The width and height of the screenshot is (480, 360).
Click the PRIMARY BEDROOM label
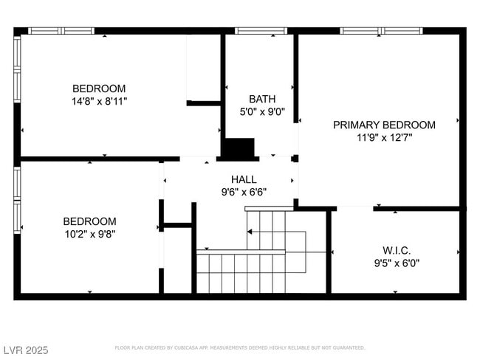coord(384,125)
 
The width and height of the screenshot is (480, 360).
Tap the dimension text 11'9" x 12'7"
coord(384,137)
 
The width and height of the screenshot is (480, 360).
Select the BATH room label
coord(261,99)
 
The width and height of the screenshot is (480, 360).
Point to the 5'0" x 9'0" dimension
coord(261,112)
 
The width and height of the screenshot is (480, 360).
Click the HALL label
coord(244,179)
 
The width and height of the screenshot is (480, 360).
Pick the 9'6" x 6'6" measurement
coord(244,192)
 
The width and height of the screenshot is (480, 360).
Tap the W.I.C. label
coord(397,250)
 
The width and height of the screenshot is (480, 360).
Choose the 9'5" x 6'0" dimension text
coord(397,263)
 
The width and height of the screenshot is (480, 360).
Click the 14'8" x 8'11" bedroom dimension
coord(99,102)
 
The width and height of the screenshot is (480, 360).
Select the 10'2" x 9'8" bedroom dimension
coord(89,234)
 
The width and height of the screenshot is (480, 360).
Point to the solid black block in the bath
coord(239,148)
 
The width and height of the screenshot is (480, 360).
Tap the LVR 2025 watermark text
coord(24,349)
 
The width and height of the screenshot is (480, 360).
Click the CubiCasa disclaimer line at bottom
coord(239,347)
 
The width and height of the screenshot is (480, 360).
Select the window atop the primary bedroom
coord(380,31)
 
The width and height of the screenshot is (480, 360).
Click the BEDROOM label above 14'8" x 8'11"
coord(99,89)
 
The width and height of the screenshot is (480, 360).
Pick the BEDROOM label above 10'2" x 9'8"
coord(89,221)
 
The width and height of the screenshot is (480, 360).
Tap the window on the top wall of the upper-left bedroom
coord(61,31)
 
